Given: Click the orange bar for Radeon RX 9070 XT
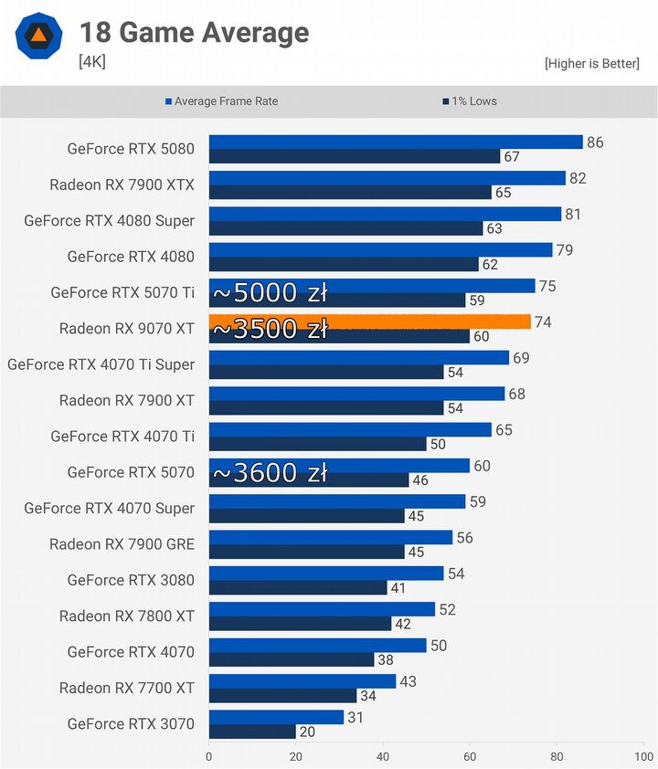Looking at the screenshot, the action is click(370, 321).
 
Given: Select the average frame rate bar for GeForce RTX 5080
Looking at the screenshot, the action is click(396, 142).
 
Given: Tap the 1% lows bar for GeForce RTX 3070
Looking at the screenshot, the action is click(252, 732).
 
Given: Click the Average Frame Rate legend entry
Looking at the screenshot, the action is click(222, 101).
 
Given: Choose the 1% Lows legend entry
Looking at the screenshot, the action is click(470, 101).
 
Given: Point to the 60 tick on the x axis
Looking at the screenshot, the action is click(470, 756).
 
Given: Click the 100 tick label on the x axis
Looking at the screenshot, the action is click(643, 756).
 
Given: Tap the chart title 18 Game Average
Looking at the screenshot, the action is click(195, 32).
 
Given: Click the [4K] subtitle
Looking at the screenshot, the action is click(92, 62).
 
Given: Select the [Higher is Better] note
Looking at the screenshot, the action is click(592, 63).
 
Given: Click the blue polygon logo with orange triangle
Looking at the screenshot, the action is click(38, 36).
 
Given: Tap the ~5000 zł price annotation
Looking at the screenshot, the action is click(271, 293).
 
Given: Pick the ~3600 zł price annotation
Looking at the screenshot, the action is click(271, 473).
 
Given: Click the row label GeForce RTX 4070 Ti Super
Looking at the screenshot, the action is click(101, 364).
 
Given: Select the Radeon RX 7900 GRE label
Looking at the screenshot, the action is click(122, 544).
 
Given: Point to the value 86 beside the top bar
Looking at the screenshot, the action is click(595, 142).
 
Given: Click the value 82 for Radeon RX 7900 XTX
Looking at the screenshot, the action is click(578, 178).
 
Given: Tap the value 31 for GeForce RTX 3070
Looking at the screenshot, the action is click(356, 718).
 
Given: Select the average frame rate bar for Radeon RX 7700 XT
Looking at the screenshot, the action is click(302, 681).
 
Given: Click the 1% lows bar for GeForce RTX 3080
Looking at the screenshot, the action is click(298, 588).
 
